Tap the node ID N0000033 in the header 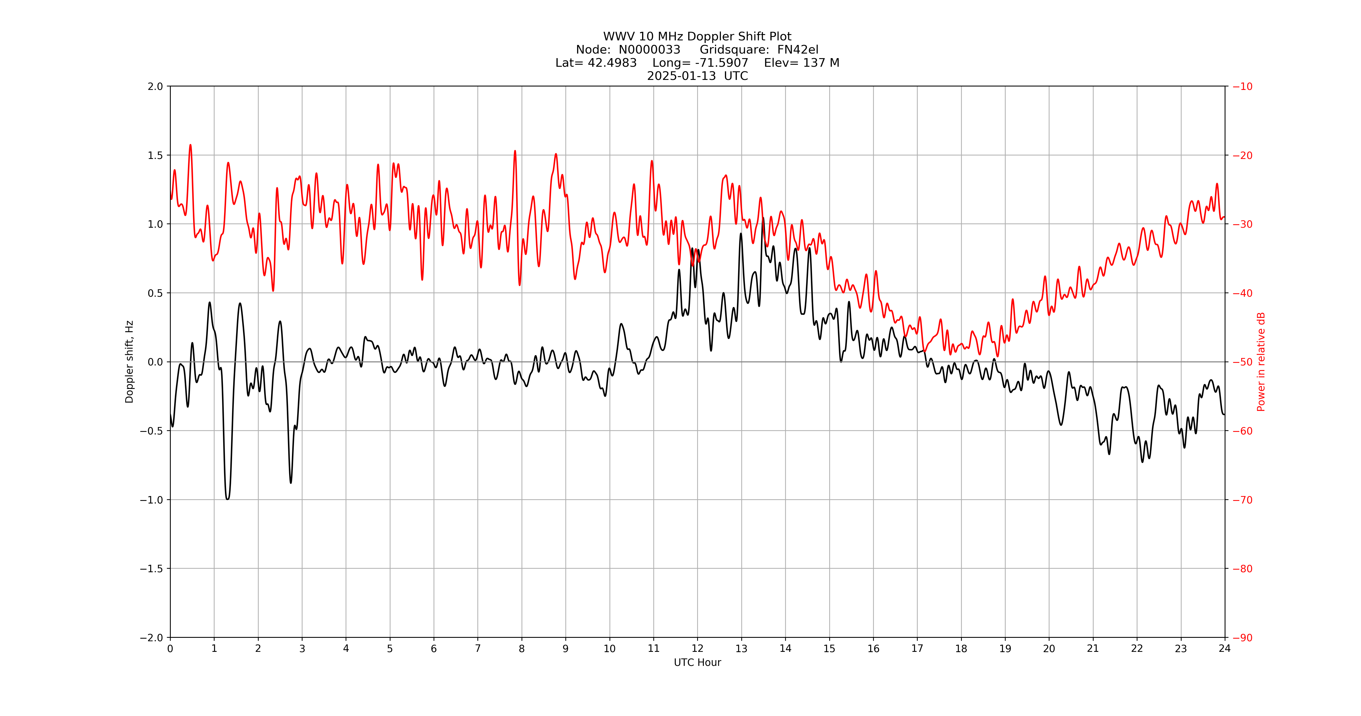649,50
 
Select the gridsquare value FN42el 798,50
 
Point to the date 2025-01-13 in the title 681,76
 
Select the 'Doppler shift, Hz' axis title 130,362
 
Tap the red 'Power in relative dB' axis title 1261,362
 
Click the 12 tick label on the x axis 697,648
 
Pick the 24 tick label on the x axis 1225,648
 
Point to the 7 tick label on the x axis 478,648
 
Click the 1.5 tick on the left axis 155,155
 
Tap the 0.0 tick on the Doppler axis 155,362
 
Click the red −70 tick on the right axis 1242,499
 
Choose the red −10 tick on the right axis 1242,86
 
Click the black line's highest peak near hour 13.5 763,218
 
